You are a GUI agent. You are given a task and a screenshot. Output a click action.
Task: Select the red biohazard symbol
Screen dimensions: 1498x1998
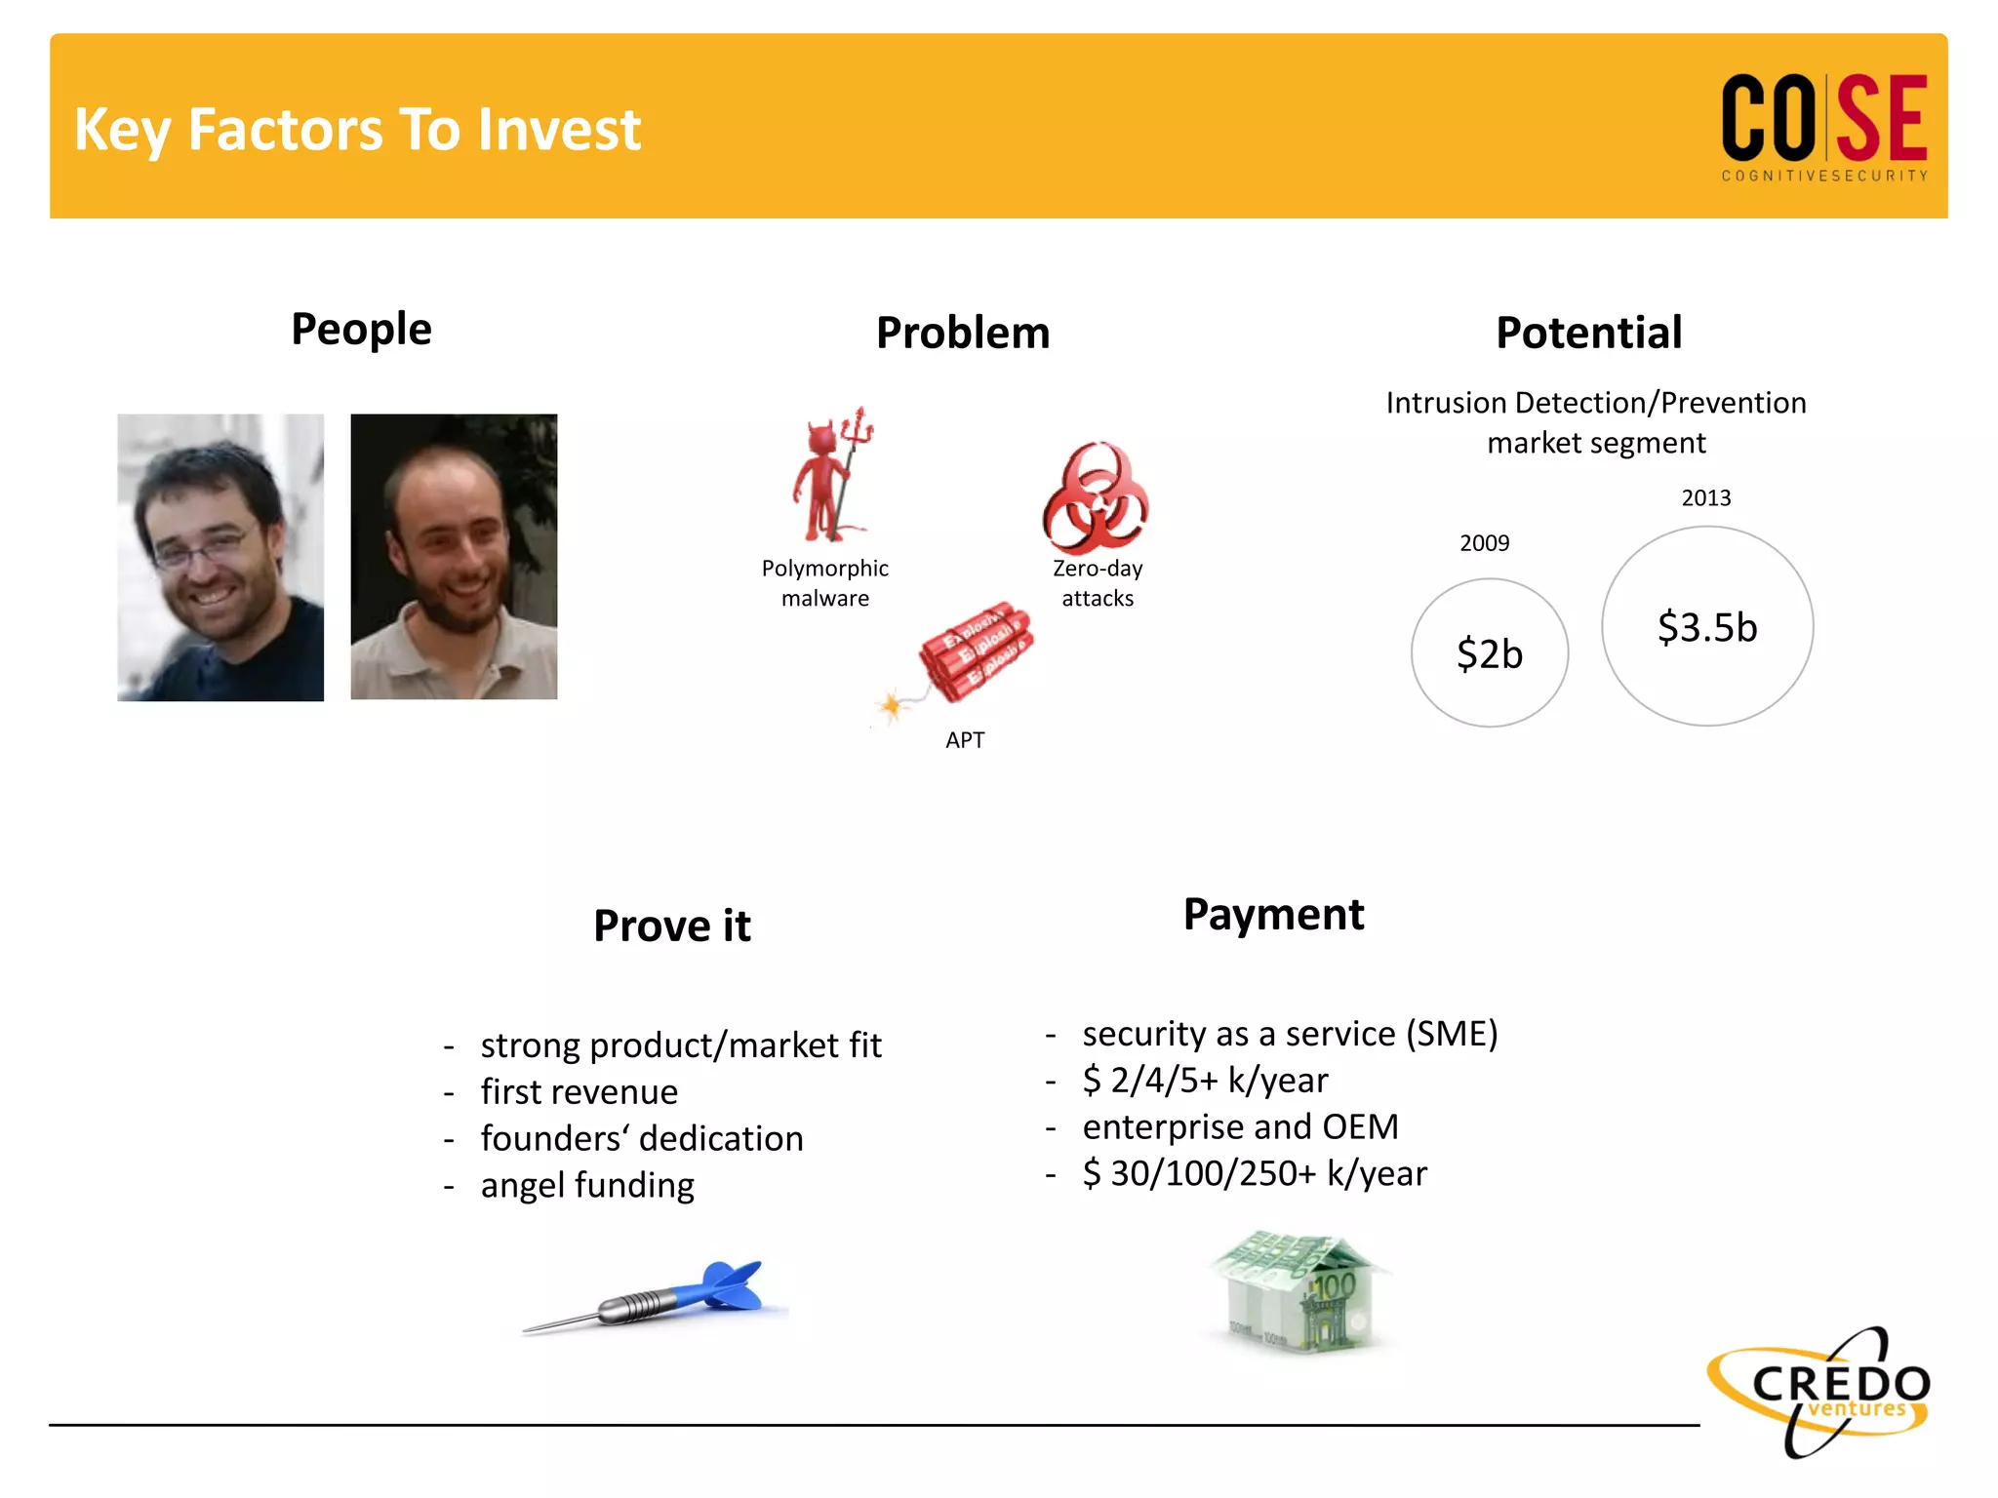point(1096,498)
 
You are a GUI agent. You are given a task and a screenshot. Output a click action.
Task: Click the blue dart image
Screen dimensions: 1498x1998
point(654,1297)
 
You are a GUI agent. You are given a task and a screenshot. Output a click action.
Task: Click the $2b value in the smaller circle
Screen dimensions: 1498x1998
point(1489,653)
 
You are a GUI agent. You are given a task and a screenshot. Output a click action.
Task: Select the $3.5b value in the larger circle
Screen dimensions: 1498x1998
point(1707,627)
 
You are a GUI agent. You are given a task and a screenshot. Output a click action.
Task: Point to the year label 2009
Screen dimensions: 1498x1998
point(1484,543)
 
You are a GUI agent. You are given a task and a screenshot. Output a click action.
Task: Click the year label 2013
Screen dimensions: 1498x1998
point(1705,498)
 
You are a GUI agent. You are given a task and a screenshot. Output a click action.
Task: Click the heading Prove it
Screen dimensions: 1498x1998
point(672,926)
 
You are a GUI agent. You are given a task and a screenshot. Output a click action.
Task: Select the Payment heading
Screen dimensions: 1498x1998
point(1273,915)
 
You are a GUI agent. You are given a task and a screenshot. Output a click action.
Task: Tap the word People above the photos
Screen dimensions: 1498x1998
point(361,330)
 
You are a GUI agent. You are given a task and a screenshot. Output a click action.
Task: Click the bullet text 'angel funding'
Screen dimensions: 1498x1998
point(587,1185)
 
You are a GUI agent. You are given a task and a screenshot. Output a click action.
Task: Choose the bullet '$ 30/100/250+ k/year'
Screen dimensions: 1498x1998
point(1255,1173)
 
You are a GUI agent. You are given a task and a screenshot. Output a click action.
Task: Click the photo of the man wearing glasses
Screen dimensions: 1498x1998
point(220,557)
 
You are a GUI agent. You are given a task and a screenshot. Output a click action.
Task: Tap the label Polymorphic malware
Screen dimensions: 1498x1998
point(825,583)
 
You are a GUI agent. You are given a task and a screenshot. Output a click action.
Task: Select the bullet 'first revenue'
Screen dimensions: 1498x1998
point(579,1092)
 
